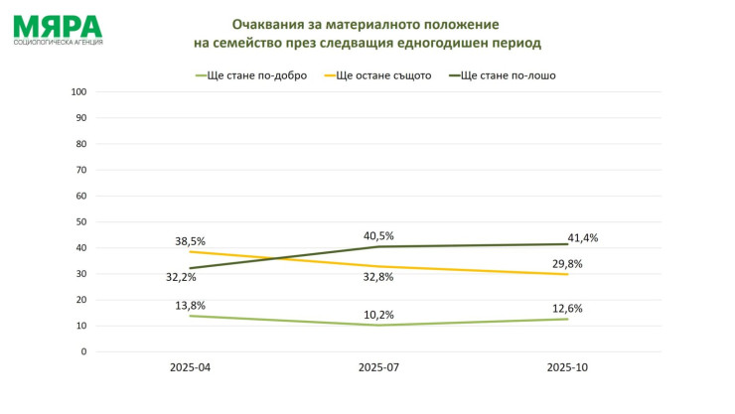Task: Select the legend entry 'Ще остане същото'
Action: coord(382,74)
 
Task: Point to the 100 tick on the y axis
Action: coord(78,91)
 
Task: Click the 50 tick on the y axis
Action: coord(81,221)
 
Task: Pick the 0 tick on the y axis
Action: coord(83,351)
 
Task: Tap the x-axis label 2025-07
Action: coord(377,367)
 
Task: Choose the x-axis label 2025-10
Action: coord(567,367)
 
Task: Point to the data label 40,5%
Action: coord(378,235)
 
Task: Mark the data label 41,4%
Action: coord(582,237)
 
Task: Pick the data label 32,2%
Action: coord(181,277)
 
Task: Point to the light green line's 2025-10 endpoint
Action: coord(567,319)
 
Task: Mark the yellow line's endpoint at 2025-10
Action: coord(567,274)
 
